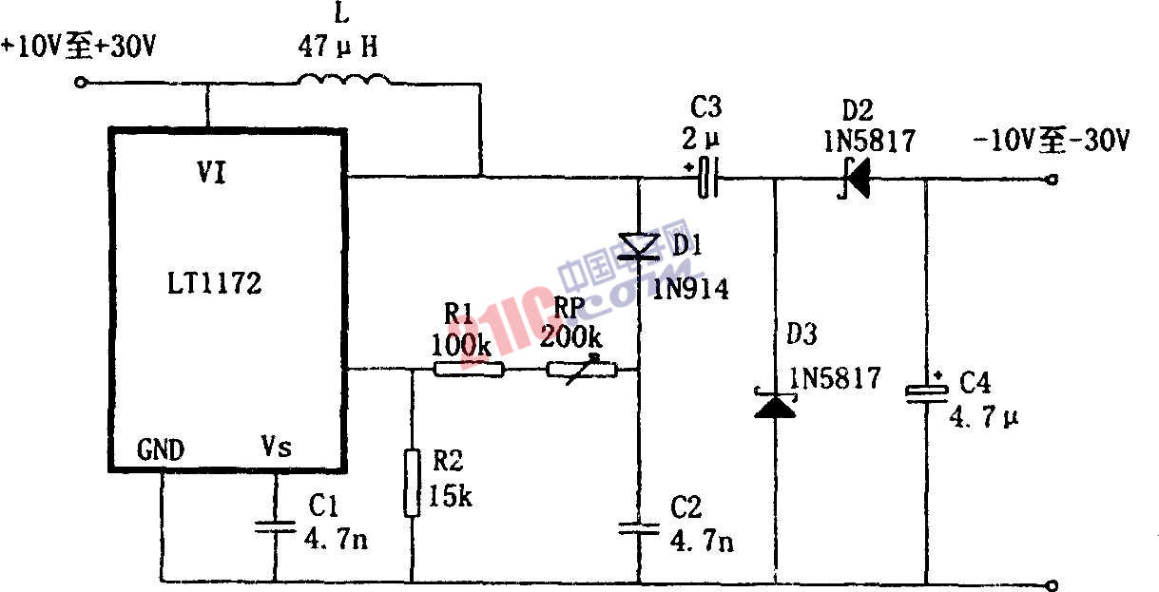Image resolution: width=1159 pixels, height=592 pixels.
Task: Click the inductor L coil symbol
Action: pyautogui.click(x=345, y=83)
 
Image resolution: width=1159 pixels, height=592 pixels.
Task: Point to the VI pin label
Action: pyautogui.click(x=211, y=174)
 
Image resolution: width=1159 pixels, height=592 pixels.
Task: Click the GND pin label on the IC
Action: pyautogui.click(x=161, y=448)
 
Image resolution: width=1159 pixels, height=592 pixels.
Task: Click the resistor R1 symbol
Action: pyautogui.click(x=469, y=369)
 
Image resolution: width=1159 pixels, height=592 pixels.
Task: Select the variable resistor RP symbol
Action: pyautogui.click(x=582, y=369)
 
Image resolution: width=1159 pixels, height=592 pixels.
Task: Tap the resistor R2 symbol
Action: pyautogui.click(x=412, y=484)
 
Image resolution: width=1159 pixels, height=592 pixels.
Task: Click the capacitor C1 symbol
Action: pyautogui.click(x=275, y=526)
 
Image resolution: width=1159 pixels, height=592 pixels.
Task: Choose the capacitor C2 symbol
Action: pyautogui.click(x=638, y=527)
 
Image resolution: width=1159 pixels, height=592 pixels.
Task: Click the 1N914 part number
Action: pyautogui.click(x=691, y=289)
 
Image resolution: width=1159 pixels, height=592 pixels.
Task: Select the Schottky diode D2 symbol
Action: pyautogui.click(x=856, y=178)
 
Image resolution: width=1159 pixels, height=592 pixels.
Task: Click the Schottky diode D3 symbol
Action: pyautogui.click(x=775, y=404)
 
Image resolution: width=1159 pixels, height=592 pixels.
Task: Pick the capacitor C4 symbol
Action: pyautogui.click(x=925, y=392)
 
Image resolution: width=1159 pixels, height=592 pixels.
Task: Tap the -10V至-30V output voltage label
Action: pyautogui.click(x=1051, y=143)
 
